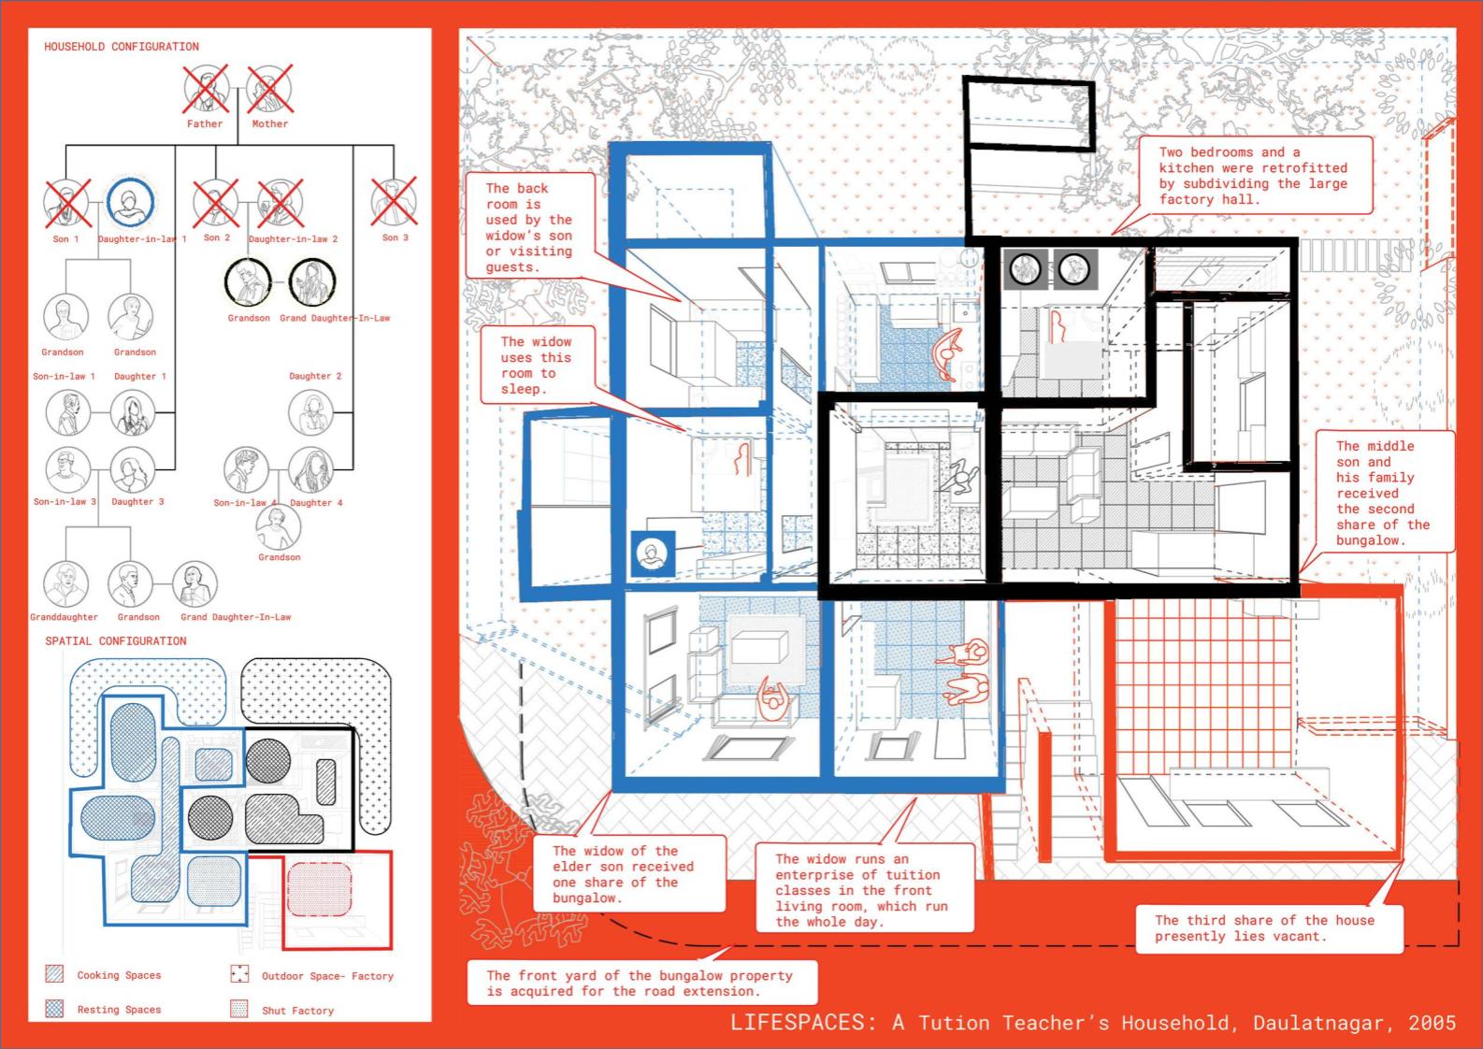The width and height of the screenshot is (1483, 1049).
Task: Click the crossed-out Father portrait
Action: pos(206,89)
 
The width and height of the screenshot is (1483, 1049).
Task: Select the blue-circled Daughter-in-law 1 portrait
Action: pos(130,202)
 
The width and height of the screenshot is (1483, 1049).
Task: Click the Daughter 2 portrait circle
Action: pos(310,413)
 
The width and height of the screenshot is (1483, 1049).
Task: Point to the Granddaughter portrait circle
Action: pos(65,583)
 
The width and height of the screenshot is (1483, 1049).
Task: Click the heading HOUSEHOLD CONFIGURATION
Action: pos(122,47)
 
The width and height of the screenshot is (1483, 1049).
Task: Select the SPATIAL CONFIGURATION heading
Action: pos(116,640)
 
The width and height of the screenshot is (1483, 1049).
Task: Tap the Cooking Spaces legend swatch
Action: pos(54,973)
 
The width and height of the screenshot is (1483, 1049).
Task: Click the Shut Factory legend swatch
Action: pos(239,1009)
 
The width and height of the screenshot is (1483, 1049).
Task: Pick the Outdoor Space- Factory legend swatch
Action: pos(239,973)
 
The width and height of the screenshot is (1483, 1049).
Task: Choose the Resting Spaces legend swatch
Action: pos(54,1009)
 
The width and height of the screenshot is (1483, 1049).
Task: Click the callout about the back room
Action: pos(530,226)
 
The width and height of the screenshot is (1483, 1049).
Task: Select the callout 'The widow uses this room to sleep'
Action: pos(537,365)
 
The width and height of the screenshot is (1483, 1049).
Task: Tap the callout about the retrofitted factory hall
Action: pos(1255,176)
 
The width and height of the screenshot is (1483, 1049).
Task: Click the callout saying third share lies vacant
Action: pos(1269,927)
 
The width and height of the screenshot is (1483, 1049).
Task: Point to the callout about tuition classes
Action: pos(864,889)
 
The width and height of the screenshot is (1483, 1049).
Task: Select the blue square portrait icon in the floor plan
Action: pos(653,553)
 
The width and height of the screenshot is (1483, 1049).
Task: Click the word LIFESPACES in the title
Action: pos(798,1023)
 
